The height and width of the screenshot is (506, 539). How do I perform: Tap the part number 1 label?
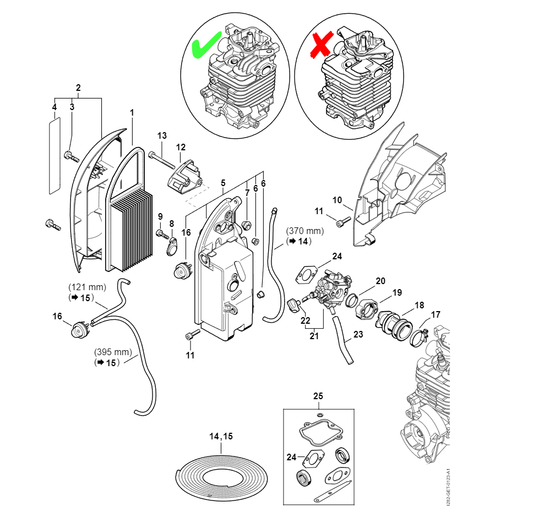[132, 112]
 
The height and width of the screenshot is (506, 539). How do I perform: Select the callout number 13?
[162, 135]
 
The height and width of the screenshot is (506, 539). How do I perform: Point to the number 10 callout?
[337, 199]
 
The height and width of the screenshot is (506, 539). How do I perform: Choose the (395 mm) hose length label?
[113, 352]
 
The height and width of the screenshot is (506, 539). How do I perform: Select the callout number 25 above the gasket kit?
[318, 396]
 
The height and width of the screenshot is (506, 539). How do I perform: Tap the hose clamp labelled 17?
[420, 332]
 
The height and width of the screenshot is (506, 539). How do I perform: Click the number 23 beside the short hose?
[358, 334]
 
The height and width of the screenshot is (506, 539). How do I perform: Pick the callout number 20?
[381, 281]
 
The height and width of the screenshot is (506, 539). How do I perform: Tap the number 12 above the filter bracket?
[181, 147]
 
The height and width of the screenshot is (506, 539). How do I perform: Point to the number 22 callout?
[304, 320]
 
